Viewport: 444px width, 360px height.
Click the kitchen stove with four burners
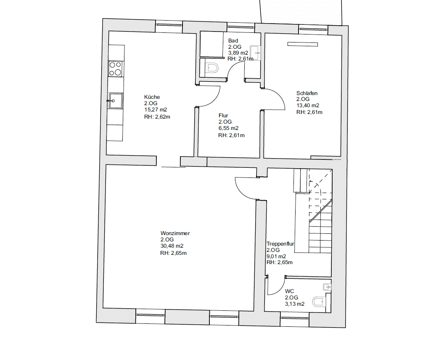point(116,69)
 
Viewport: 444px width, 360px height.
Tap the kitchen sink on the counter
point(116,101)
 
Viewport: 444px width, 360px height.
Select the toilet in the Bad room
point(212,68)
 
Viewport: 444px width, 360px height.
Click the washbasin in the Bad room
point(255,52)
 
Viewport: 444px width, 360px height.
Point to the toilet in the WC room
point(319,302)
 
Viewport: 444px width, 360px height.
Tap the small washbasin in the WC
point(327,287)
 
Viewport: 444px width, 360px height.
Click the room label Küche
point(152,97)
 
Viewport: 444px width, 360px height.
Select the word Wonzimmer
point(175,233)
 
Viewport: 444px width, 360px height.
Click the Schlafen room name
point(307,93)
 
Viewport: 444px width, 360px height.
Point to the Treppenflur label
point(280,244)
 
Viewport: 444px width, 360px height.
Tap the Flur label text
point(223,115)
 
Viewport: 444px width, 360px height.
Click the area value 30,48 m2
point(172,246)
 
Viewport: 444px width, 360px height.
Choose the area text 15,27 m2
point(155,110)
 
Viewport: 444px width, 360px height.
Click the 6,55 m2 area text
point(228,128)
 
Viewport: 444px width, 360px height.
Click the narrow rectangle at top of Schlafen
point(302,44)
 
